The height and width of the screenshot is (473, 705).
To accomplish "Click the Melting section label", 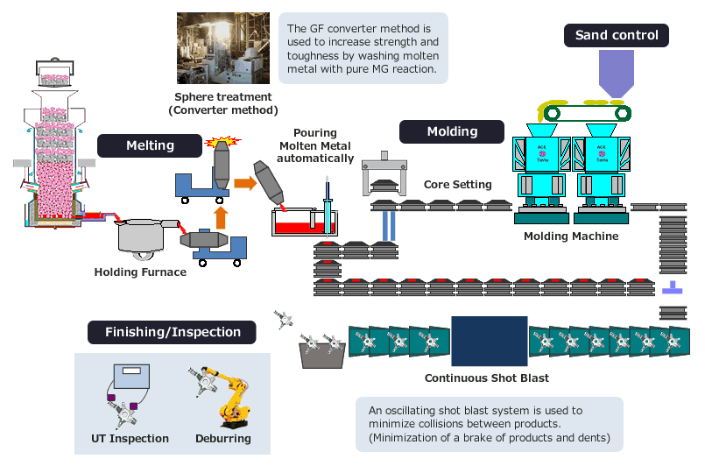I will (x=151, y=145).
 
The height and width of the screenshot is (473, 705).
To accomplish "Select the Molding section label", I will (x=452, y=131).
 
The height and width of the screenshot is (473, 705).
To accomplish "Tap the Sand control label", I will (x=617, y=35).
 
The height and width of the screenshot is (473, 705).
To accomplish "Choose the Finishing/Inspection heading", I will (x=173, y=332).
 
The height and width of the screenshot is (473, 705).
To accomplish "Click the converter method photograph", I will (x=223, y=48).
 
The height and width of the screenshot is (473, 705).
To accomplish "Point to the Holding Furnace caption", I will (x=140, y=272).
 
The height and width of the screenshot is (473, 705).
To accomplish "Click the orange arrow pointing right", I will (x=243, y=183).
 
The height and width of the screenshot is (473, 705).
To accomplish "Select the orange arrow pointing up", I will (x=221, y=215).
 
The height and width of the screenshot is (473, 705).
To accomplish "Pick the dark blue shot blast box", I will (x=489, y=342).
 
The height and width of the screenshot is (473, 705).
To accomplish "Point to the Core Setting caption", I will (x=457, y=185).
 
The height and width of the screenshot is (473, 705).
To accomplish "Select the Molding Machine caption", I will (x=571, y=236).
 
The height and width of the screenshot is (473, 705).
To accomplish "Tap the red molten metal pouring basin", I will (x=301, y=225).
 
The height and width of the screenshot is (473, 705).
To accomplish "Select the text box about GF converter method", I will (x=363, y=48).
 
